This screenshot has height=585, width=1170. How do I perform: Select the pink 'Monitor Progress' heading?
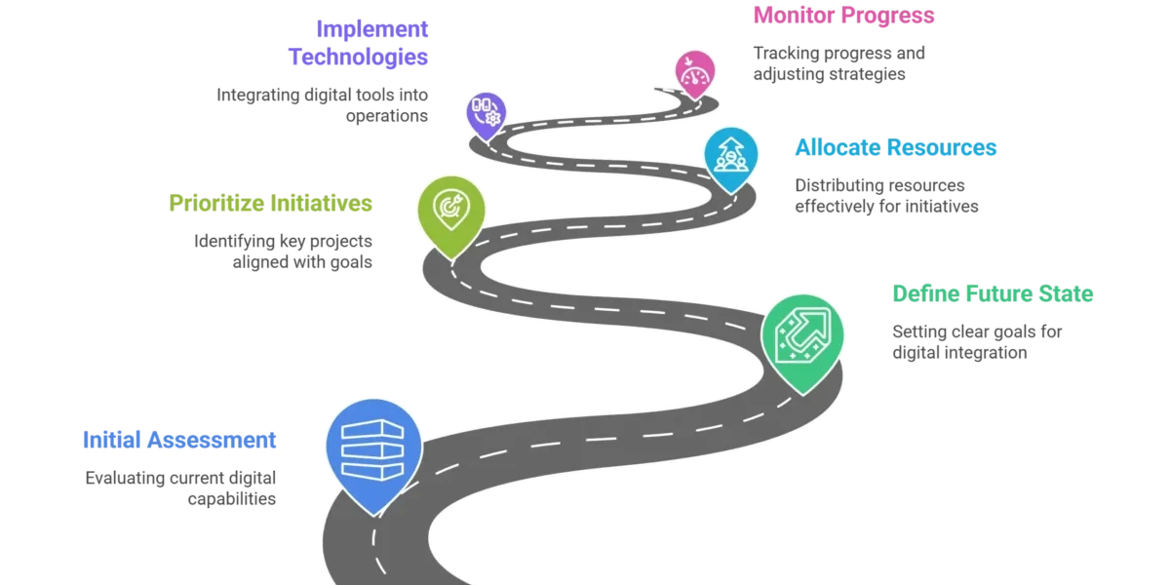pos(841,17)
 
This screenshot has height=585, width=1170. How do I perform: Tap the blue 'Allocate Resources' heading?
pos(895,147)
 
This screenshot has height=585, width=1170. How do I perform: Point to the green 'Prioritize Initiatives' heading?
pos(270,204)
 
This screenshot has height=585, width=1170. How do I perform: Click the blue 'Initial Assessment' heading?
pos(178,439)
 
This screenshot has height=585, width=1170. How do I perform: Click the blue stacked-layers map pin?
pos(373,451)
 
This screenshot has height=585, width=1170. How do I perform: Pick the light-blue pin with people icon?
pos(730,156)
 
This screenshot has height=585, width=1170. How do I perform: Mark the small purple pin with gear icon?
pos(486,111)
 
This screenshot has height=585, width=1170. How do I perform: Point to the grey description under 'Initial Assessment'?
pos(183,487)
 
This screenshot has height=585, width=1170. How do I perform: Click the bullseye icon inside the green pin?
pos(450,206)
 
